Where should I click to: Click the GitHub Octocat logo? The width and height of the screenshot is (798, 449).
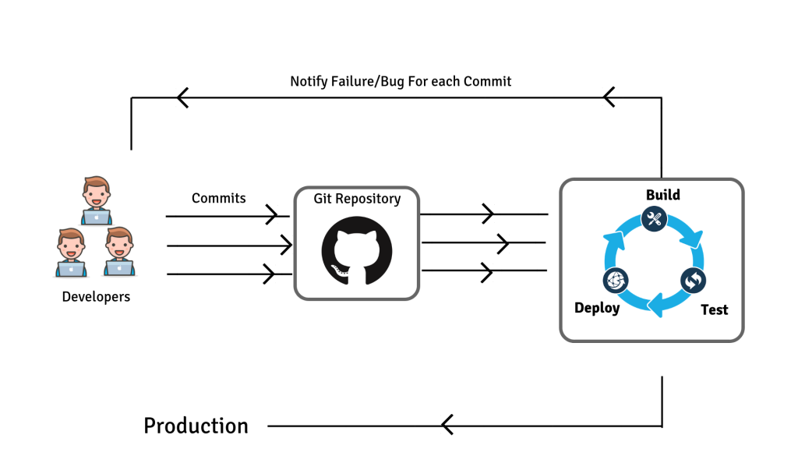pyautogui.click(x=357, y=250)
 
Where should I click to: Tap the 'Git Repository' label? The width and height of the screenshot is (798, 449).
pyautogui.click(x=357, y=199)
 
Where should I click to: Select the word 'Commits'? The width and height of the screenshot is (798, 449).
pyautogui.click(x=218, y=198)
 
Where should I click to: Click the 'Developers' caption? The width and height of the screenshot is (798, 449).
pyautogui.click(x=96, y=297)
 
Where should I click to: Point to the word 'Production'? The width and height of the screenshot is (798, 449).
pyautogui.click(x=196, y=426)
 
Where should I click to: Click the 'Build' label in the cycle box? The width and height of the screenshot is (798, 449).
pyautogui.click(x=662, y=195)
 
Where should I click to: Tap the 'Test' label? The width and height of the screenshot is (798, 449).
pyautogui.click(x=714, y=309)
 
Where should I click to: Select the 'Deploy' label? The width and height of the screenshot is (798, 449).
pyautogui.click(x=597, y=308)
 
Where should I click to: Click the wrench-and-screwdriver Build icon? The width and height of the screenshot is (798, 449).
pyautogui.click(x=654, y=219)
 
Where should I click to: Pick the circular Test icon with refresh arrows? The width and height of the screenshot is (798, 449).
pyautogui.click(x=693, y=281)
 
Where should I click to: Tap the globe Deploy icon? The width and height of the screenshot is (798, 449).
pyautogui.click(x=616, y=281)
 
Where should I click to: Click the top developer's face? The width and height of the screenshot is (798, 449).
pyautogui.click(x=96, y=194)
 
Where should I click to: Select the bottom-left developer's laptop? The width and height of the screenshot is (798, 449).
pyautogui.click(x=71, y=268)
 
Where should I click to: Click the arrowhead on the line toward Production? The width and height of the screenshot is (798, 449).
pyautogui.click(x=447, y=425)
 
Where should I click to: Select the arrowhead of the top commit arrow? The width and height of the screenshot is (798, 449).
pyautogui.click(x=272, y=215)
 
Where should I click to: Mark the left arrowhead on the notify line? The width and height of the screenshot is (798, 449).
pyautogui.click(x=182, y=97)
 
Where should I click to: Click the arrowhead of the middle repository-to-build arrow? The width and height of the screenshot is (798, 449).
pyautogui.click(x=503, y=244)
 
